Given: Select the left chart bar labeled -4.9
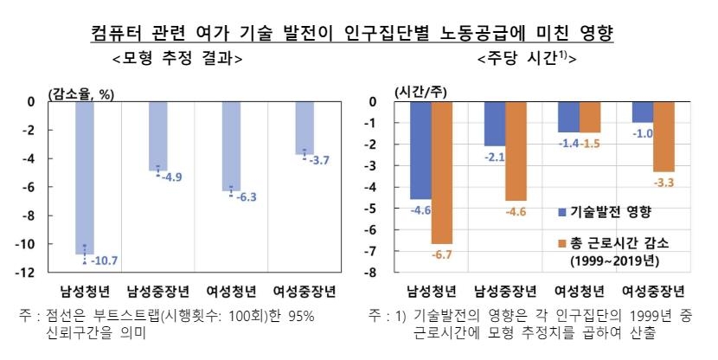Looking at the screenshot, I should (157, 135).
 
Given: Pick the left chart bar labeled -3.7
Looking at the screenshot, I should (304, 127).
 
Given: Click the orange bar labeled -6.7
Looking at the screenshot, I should (441, 172).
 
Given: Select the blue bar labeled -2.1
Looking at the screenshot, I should (494, 123).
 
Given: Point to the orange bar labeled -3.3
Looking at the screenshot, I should (664, 137).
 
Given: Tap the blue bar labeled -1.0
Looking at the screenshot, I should (642, 112).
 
